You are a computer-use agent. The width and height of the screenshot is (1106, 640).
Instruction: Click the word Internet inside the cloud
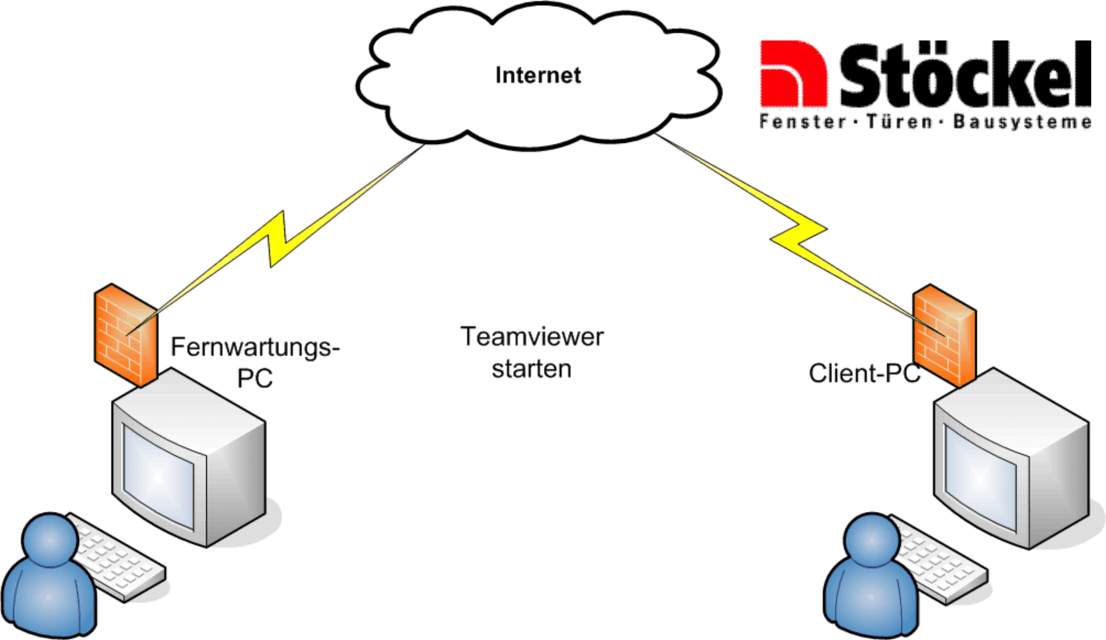(538, 75)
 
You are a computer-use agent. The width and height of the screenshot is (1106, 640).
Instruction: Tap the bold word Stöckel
(965, 75)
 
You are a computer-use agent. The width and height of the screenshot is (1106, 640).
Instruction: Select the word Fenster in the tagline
(802, 122)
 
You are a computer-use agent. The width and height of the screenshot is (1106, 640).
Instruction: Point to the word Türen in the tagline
(899, 122)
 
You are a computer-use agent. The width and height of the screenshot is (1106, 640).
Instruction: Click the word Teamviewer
(532, 337)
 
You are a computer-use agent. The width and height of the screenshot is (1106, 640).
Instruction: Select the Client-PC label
(864, 374)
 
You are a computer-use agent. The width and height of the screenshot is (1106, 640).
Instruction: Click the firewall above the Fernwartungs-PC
(126, 336)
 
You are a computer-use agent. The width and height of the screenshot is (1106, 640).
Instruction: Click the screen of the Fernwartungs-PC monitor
(158, 476)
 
